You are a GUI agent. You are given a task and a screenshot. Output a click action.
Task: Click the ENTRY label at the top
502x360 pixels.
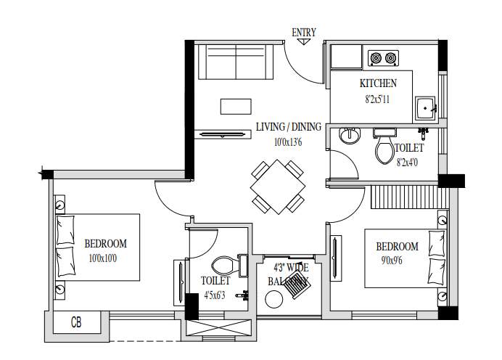(x=304, y=32)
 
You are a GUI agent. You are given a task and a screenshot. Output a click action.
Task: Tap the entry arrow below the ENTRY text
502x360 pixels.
(x=304, y=41)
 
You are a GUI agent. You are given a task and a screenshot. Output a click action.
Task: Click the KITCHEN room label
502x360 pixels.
(x=378, y=83)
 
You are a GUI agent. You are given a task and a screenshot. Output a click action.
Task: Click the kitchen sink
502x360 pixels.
(x=425, y=108)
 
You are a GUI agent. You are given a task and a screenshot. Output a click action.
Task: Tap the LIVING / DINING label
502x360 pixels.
(x=288, y=127)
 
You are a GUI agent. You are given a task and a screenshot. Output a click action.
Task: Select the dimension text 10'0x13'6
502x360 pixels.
(x=287, y=142)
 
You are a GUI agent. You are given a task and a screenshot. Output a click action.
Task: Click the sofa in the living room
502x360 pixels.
(x=235, y=62)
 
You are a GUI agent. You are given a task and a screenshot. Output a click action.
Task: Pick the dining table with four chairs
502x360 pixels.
(x=277, y=187)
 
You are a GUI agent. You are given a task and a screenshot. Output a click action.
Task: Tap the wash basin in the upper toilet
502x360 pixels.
(x=350, y=135)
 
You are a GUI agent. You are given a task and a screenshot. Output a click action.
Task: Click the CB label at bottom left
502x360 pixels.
(x=76, y=322)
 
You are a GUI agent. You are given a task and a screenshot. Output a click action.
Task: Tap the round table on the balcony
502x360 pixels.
(x=275, y=299)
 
